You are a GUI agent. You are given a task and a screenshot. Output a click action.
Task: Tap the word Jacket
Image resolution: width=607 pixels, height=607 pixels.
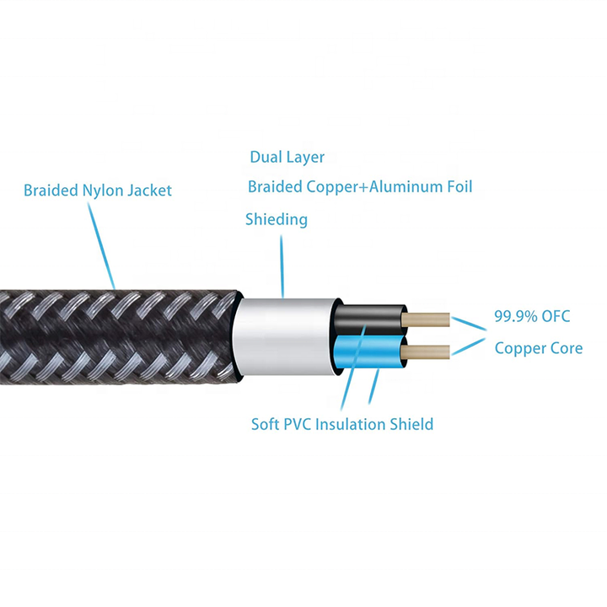tap(150, 191)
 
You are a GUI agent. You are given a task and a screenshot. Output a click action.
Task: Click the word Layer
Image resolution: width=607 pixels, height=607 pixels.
tap(304, 158)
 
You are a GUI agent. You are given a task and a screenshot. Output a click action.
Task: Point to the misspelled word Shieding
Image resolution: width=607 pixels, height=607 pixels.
tap(277, 219)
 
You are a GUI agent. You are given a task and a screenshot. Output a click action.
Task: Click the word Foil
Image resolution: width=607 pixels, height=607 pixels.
tap(460, 186)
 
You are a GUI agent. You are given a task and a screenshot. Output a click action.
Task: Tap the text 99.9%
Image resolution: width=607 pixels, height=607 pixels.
tap(516, 316)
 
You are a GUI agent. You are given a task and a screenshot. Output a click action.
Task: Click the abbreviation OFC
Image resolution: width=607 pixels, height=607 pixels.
tap(556, 316)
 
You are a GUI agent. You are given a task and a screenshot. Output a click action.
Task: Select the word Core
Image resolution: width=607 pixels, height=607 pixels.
tap(567, 348)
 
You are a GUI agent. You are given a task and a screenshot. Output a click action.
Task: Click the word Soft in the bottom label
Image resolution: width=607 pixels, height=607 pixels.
tap(266, 424)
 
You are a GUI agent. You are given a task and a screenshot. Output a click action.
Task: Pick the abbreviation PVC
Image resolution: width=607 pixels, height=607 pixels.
tap(298, 424)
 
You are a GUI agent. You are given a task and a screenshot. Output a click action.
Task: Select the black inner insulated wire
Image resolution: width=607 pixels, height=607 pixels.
tap(370, 319)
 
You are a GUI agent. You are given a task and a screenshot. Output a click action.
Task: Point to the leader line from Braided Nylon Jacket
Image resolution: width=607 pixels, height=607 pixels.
tap(101, 246)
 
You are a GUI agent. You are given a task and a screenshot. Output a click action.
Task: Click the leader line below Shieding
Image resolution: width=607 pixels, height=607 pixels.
tap(282, 266)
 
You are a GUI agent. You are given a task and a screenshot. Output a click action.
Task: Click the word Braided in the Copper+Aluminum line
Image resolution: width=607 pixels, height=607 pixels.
tap(275, 186)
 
